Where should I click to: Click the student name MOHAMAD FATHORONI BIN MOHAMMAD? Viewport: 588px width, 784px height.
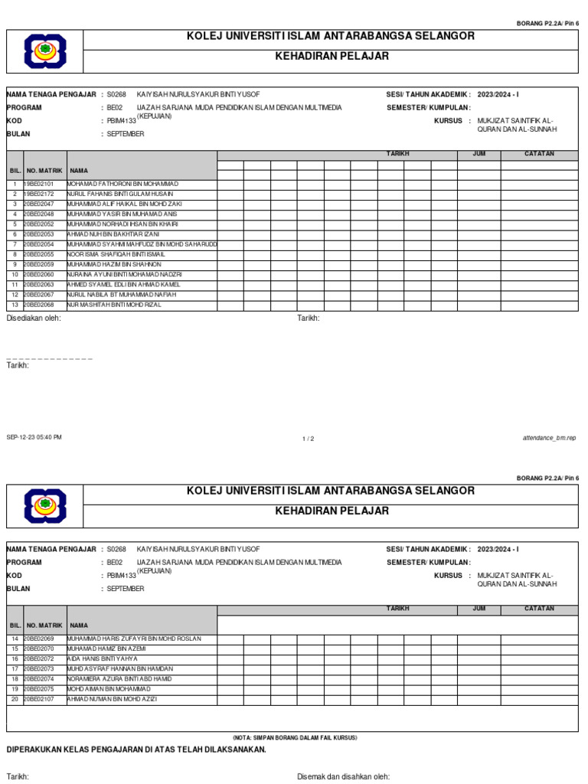click(x=122, y=185)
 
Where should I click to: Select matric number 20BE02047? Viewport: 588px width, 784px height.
click(x=39, y=204)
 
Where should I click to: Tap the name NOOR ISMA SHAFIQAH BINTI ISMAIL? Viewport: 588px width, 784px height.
click(x=116, y=254)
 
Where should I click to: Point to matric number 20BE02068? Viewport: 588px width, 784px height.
click(x=39, y=304)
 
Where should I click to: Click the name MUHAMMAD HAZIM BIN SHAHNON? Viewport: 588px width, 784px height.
click(x=114, y=264)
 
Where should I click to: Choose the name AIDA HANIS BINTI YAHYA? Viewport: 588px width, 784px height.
click(x=103, y=658)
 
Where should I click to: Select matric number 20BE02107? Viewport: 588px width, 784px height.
click(x=39, y=698)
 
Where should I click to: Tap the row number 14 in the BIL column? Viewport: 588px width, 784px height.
click(x=14, y=639)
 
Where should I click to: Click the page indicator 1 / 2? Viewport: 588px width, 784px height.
click(x=309, y=439)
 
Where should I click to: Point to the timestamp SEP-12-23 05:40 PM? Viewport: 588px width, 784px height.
click(x=34, y=437)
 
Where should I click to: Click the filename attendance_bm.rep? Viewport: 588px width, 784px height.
click(x=549, y=439)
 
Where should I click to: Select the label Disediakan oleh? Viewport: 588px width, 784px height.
click(x=33, y=318)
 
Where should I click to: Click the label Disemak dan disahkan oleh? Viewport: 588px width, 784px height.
click(x=343, y=776)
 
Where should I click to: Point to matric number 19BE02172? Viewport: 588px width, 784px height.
click(x=39, y=194)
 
